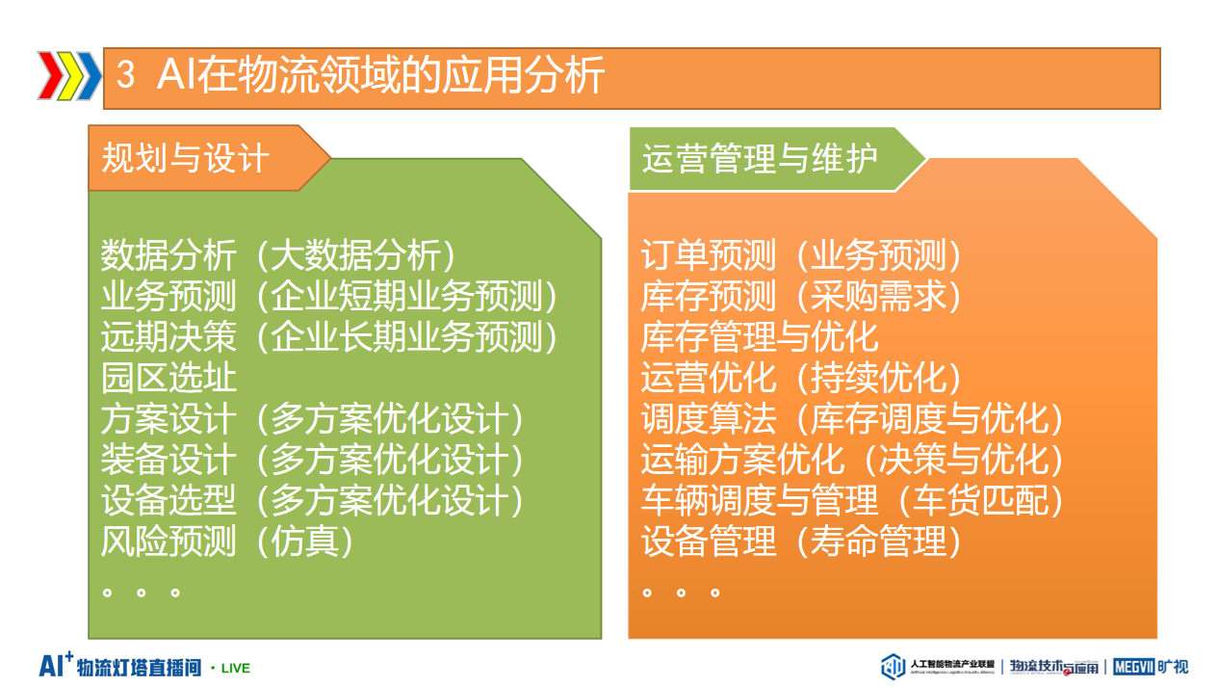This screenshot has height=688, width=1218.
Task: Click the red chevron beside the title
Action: [50, 76]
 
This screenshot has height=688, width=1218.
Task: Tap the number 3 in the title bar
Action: [125, 74]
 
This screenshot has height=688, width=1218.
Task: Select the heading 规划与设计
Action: [186, 158]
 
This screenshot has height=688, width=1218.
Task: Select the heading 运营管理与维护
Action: [760, 158]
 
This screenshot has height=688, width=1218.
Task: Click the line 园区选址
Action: [168, 377]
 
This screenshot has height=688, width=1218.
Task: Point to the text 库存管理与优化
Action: [760, 336]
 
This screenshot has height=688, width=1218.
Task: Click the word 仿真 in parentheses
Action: [304, 542]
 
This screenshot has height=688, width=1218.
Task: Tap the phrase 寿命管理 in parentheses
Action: [878, 542]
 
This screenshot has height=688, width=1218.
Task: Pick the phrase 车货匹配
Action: [980, 500]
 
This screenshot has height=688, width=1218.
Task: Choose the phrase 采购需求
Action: [878, 296]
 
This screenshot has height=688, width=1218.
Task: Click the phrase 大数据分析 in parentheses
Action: [355, 255]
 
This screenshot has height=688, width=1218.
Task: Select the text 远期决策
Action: [168, 336]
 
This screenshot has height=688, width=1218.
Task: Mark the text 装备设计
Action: [168, 460]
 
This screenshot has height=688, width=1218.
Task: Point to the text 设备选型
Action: [168, 500]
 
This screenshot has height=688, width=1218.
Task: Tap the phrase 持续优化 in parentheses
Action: [878, 377]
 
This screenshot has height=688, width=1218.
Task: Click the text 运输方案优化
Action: [742, 460]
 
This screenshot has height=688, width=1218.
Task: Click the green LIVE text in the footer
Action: [236, 669]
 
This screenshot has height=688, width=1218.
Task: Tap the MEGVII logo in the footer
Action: [1133, 667]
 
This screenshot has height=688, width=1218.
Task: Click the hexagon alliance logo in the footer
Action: [893, 667]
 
